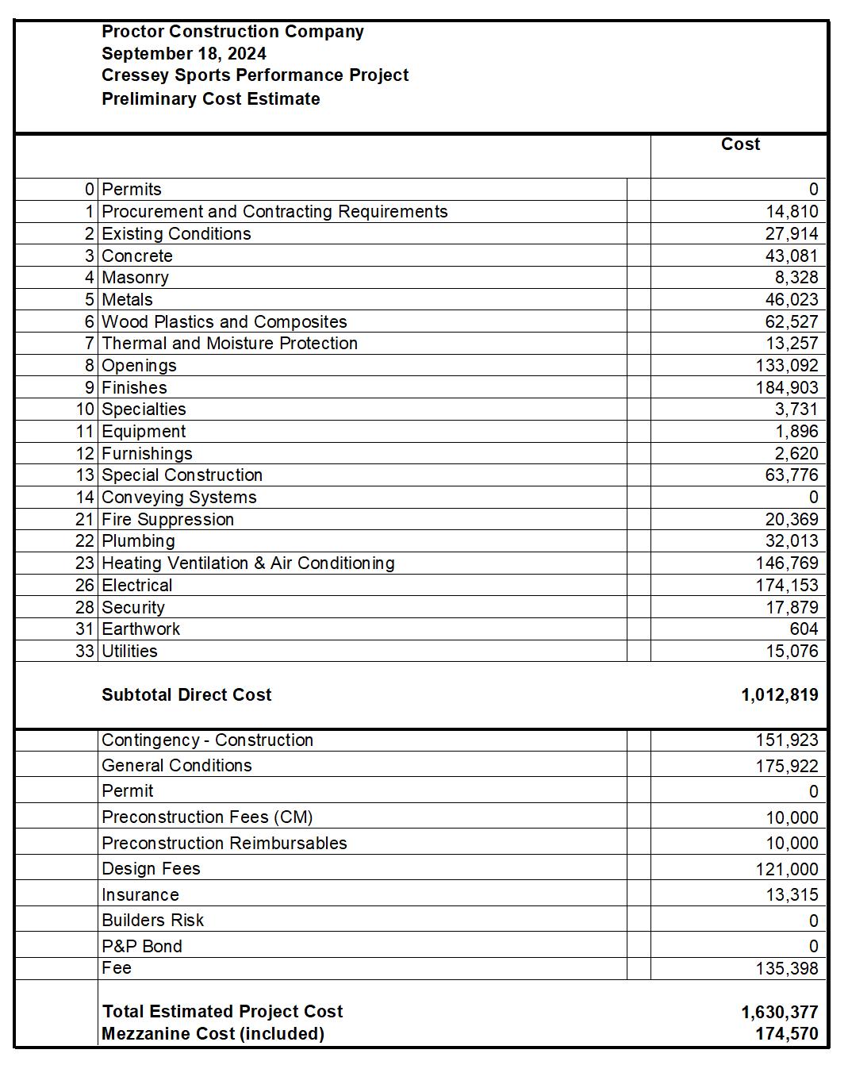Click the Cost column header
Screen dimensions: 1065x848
click(x=740, y=144)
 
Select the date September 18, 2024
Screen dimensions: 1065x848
click(x=184, y=54)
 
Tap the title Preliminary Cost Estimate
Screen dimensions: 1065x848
click(x=211, y=99)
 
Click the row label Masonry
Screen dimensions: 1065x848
click(x=136, y=278)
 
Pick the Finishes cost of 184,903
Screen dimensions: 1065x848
click(x=787, y=388)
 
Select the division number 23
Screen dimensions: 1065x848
click(x=85, y=563)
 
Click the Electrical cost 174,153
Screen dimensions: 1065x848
click(x=787, y=586)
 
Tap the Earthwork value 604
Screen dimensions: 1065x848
click(x=804, y=629)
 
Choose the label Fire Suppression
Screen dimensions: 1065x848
click(x=168, y=520)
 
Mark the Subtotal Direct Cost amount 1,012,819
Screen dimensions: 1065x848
click(x=780, y=695)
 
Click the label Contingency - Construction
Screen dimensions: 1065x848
click(x=208, y=740)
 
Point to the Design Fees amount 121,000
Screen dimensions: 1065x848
click(x=787, y=870)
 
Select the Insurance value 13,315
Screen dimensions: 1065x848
click(x=792, y=895)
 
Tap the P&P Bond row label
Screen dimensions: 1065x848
click(x=142, y=947)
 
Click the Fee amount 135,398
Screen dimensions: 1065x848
click(x=787, y=969)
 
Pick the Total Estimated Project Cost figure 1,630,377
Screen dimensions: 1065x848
click(x=780, y=1013)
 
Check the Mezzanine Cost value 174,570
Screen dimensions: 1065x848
click(x=787, y=1034)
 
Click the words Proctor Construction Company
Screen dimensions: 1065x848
click(x=233, y=32)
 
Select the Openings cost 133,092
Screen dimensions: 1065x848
click(x=787, y=366)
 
